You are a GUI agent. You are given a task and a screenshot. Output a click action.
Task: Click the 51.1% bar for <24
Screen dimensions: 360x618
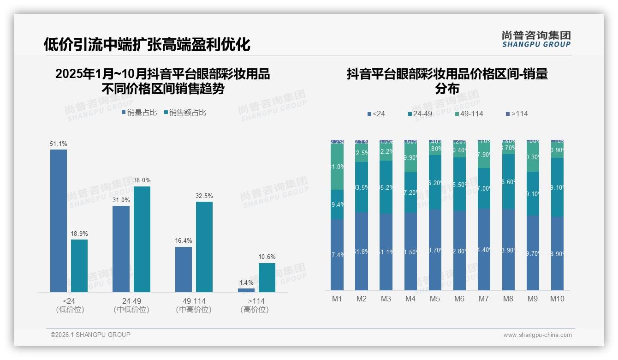(x=59, y=221)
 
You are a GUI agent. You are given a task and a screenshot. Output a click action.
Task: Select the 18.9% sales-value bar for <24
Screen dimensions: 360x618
(x=79, y=265)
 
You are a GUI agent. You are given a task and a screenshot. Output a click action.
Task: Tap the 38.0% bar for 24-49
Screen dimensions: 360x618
(x=142, y=239)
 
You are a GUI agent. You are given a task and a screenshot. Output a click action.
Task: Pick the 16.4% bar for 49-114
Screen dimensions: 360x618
(x=184, y=269)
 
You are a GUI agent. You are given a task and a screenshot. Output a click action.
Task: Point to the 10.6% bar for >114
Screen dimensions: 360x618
(x=267, y=277)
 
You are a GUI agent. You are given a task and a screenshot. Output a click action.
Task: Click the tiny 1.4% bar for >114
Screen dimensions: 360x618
(x=246, y=290)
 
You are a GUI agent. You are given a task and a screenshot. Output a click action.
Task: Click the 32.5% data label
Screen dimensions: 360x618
(x=204, y=196)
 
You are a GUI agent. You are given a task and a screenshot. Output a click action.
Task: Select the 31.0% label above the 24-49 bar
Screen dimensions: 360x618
(x=121, y=200)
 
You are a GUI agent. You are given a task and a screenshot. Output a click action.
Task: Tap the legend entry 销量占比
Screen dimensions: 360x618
(x=139, y=113)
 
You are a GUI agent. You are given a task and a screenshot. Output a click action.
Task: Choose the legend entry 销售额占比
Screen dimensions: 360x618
(x=185, y=113)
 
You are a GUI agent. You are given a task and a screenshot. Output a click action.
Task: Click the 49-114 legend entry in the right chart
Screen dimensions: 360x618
(x=469, y=114)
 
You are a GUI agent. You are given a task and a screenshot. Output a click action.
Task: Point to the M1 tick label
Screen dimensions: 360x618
(x=337, y=299)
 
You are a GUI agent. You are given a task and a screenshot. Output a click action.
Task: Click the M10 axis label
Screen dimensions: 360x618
(x=557, y=299)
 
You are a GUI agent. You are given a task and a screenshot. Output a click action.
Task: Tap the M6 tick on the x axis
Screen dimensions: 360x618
(x=459, y=299)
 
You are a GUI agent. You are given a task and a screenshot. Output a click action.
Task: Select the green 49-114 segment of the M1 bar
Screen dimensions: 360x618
(x=337, y=167)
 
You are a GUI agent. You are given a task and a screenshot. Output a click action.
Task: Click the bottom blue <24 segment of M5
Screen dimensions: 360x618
(x=435, y=250)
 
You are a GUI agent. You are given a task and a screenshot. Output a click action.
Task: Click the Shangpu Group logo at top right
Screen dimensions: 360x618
(x=536, y=39)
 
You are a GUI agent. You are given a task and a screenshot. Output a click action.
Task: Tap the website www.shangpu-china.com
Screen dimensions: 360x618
(x=537, y=335)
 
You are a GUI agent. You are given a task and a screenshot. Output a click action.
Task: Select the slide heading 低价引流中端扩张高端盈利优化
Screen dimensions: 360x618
(x=147, y=44)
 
